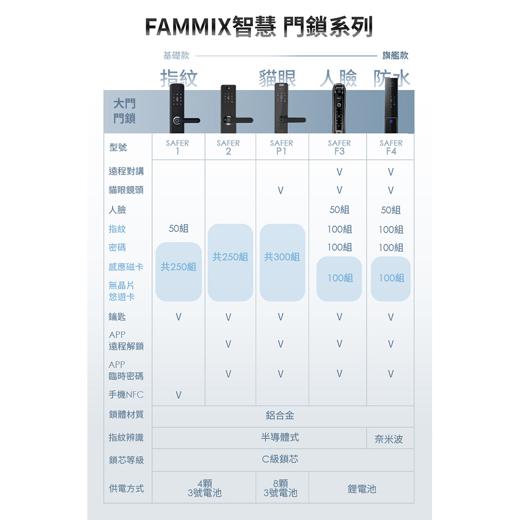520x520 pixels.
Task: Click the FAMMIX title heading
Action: [259, 27]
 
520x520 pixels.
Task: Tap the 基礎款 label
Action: [176, 55]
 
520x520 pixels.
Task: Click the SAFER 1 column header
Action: [177, 147]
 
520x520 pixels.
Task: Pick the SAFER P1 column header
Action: [281, 147]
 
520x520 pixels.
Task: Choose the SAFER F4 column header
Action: [391, 147]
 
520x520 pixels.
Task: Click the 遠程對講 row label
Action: [126, 171]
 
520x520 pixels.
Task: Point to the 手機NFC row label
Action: [126, 395]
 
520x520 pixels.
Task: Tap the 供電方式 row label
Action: [126, 488]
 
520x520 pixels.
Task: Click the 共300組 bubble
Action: [282, 257]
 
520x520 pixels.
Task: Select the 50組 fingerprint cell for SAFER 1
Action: [179, 229]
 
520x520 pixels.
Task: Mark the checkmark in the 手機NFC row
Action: [178, 395]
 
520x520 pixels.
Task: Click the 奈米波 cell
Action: [389, 439]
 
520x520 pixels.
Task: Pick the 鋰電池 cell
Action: [361, 489]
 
